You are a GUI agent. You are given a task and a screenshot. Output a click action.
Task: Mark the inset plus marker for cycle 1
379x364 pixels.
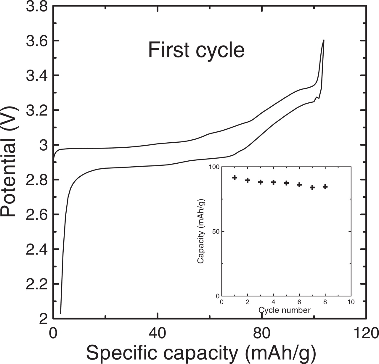coord(235,178)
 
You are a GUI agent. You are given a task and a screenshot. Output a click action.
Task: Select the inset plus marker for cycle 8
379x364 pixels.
coord(325,187)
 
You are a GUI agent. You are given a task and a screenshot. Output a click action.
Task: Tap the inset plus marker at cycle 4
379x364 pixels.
coord(274,182)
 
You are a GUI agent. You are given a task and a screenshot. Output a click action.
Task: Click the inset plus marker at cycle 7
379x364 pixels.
coord(312,187)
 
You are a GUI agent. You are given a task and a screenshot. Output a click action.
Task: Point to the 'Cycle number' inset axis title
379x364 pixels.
coord(285,310)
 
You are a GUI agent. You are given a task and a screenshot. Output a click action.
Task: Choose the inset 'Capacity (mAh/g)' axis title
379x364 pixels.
coord(201,231)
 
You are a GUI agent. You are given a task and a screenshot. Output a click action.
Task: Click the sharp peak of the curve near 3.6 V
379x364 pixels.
coord(324,40)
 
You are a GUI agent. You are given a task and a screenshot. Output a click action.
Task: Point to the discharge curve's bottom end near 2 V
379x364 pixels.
coord(61,313)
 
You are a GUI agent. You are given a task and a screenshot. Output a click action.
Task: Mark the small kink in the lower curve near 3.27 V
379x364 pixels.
coord(317,97)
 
